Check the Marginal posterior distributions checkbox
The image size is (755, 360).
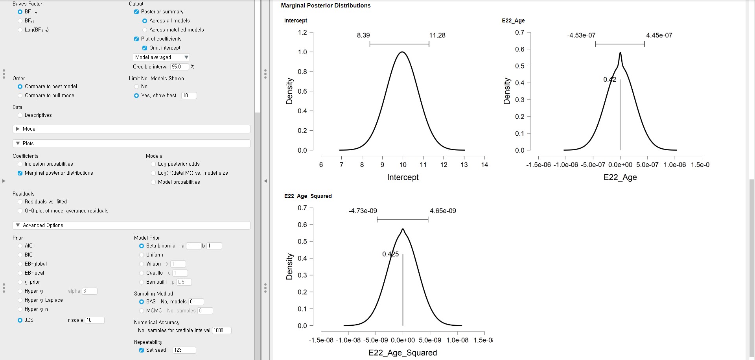click(20, 173)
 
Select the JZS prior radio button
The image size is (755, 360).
click(20, 320)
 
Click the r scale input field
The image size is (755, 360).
click(94, 320)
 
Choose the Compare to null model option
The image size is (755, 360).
click(20, 96)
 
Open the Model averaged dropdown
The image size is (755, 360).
click(161, 57)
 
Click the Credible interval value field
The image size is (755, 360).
click(179, 67)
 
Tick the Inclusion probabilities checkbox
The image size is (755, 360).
click(20, 164)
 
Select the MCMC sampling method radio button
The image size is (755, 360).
click(142, 311)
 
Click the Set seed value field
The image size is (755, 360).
click(184, 350)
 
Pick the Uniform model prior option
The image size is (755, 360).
click(142, 255)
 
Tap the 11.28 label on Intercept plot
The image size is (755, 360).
click(437, 35)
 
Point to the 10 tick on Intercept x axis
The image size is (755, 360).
click(403, 165)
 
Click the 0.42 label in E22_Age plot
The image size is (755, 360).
click(610, 79)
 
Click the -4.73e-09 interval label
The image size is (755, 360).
click(363, 211)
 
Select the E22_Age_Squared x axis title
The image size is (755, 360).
click(402, 353)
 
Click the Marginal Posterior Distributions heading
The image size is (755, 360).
click(326, 6)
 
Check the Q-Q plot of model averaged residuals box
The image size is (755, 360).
click(20, 211)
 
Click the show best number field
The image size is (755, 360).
click(189, 96)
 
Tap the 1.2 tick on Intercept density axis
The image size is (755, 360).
click(302, 32)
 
